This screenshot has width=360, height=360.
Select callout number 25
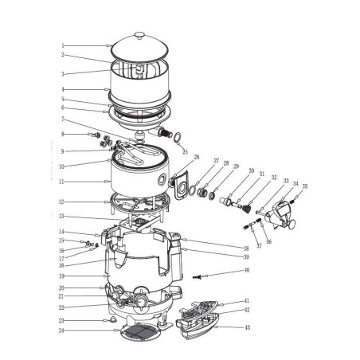pos(186,151)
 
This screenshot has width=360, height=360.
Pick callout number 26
pos(197,158)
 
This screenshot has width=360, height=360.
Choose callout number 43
pos(247,327)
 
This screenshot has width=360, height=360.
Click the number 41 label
pos(247,301)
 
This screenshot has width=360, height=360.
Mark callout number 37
pos(259,245)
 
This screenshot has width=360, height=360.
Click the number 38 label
pos(247,248)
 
